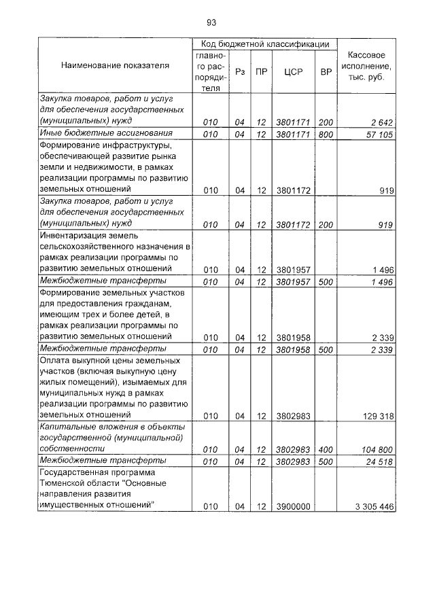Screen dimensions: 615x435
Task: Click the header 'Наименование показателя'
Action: point(115,66)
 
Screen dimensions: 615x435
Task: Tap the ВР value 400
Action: point(326,450)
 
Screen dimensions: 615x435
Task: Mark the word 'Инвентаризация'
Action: point(71,235)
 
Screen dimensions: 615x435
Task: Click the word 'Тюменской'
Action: point(64,482)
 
